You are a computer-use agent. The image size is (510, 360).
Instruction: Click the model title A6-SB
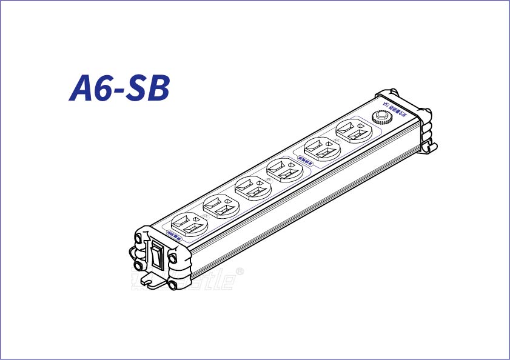pos(119,88)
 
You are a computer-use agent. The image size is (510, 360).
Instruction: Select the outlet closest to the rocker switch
pos(189,224)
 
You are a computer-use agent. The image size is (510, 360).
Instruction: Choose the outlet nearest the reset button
pos(352,130)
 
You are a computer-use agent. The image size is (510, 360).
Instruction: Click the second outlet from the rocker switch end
pos(220,205)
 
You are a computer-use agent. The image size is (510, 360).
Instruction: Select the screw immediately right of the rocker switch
pos(173,258)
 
